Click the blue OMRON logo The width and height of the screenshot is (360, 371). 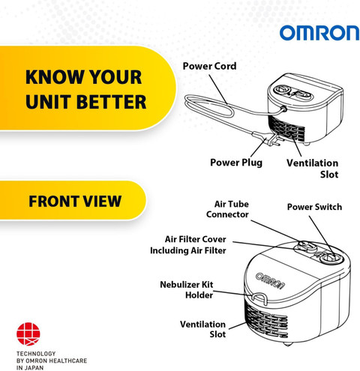click(319, 33)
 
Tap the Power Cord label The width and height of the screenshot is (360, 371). click(209, 66)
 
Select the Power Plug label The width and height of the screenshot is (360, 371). click(236, 163)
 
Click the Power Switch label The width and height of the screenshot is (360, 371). click(314, 207)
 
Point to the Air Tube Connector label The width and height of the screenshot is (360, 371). click(227, 209)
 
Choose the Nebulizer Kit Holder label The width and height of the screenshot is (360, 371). click(187, 289)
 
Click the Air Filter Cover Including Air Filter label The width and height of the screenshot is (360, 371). click(188, 245)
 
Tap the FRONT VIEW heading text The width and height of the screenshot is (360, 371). click(75, 201)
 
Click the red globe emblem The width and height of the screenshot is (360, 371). click(28, 334)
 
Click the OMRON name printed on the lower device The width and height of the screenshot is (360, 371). click(270, 281)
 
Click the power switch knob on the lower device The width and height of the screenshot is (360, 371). click(331, 257)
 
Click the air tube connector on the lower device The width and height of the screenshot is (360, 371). click(306, 246)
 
